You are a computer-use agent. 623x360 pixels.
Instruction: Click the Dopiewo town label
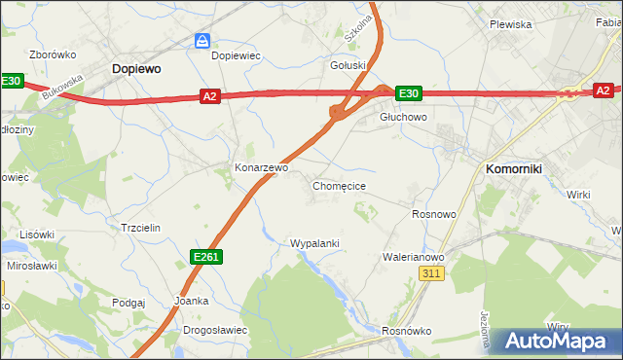tap(135, 69)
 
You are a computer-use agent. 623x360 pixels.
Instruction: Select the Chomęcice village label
tap(339, 185)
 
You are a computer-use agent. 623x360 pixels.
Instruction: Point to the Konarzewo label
tap(261, 167)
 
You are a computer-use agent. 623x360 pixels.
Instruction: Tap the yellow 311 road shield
tap(433, 275)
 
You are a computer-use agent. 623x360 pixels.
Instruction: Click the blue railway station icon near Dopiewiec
tap(202, 40)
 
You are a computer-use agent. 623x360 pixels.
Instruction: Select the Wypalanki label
tap(313, 242)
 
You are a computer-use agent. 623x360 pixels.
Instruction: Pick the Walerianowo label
tap(413, 257)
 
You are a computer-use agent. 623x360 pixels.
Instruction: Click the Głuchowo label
tap(403, 116)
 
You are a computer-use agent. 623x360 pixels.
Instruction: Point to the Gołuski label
tap(348, 66)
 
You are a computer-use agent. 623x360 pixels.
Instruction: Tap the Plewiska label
tap(510, 24)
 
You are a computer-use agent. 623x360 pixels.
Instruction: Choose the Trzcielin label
tap(139, 228)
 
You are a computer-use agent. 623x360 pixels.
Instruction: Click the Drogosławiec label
tap(215, 330)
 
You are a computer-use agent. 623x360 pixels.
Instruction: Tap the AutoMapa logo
tap(556, 341)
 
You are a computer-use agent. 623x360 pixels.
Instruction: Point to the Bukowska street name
tap(63, 87)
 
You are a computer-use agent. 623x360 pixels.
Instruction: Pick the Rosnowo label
tap(434, 214)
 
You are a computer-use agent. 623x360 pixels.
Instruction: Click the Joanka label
tap(191, 301)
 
